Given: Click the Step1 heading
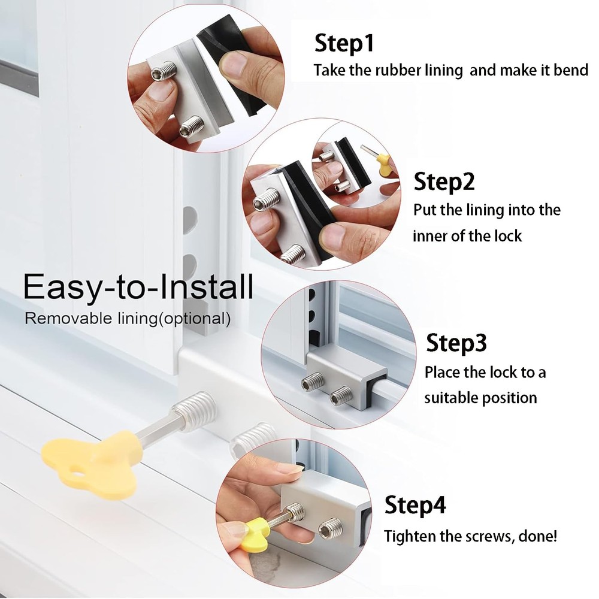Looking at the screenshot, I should (x=344, y=44).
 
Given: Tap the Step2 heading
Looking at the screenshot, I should (x=444, y=181).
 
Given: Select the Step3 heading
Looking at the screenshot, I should (x=456, y=343).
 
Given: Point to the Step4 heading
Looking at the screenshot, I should (x=415, y=505).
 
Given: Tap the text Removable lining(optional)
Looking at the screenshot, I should (x=128, y=318).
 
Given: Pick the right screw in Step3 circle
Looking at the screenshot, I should (x=341, y=394).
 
